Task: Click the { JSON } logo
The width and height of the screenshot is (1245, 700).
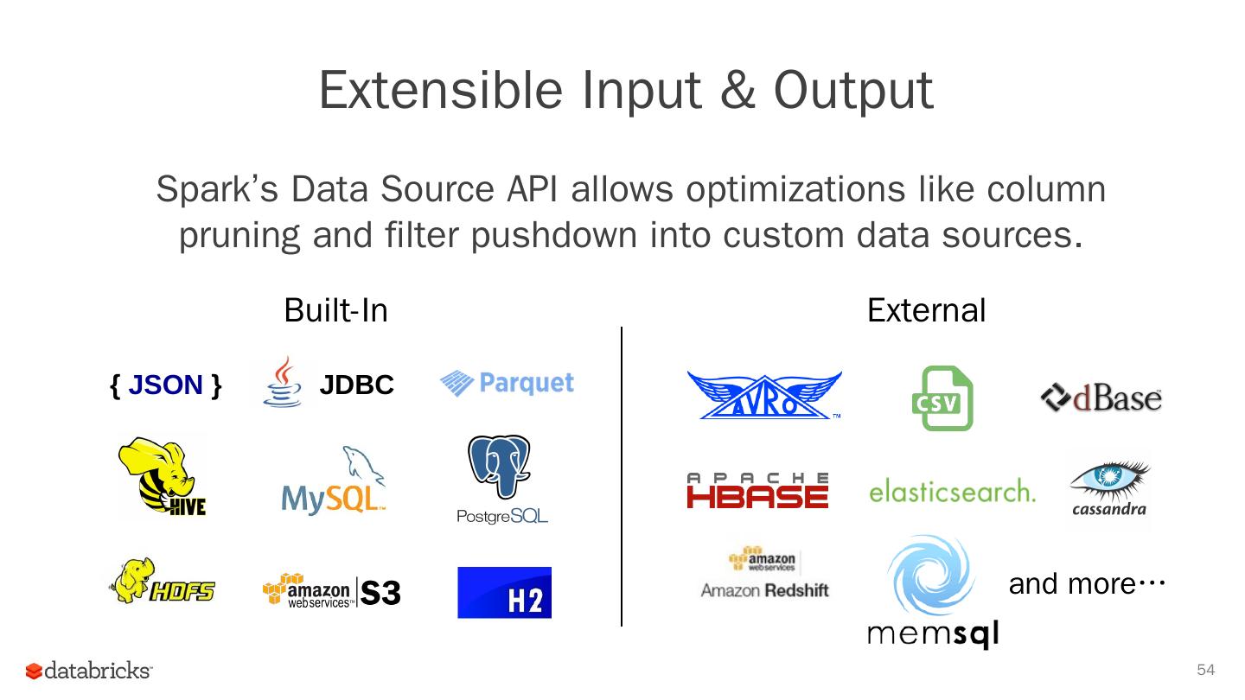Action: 166,385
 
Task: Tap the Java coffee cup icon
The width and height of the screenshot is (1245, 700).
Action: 282,383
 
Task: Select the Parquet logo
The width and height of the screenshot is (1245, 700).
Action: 507,383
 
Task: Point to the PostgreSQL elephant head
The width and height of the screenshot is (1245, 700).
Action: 499,467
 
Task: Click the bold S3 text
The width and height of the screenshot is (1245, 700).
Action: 380,594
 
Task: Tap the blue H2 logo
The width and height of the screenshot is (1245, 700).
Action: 504,593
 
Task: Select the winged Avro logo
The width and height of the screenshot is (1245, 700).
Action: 764,396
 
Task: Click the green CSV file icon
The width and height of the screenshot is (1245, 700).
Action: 942,398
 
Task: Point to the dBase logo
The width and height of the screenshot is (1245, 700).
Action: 1101,398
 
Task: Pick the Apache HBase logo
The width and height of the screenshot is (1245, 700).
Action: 757,490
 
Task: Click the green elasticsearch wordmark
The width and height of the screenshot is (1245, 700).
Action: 952,491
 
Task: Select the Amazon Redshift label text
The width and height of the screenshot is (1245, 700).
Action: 764,590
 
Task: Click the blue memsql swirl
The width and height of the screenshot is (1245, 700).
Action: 930,575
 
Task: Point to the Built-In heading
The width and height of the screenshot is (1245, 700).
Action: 335,310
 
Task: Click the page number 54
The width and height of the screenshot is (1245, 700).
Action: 1205,671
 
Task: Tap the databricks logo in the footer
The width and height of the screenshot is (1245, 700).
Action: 89,671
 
